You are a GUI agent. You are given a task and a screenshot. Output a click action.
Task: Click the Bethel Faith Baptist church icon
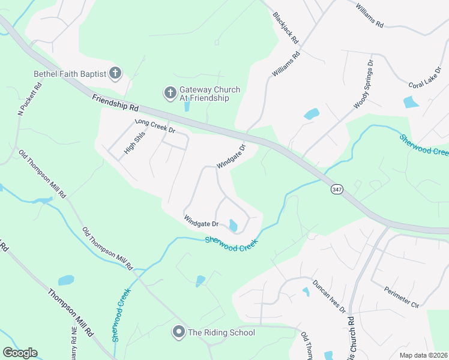click(115, 74)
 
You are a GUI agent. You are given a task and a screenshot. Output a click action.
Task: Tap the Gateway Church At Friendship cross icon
click(170, 93)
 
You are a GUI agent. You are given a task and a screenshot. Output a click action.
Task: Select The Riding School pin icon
click(178, 331)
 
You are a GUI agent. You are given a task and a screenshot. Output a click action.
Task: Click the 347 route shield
click(336, 189)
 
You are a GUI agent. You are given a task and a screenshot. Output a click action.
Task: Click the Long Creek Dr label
click(155, 125)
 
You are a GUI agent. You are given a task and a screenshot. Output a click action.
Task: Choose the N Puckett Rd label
click(29, 98)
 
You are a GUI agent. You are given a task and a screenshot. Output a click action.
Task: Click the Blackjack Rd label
click(286, 28)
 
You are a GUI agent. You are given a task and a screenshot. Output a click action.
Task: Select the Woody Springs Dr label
click(364, 84)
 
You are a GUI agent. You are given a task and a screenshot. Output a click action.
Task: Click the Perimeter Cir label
click(401, 296)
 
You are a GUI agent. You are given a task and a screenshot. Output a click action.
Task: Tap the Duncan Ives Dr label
click(329, 296)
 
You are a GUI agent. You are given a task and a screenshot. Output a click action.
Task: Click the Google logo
click(20, 353)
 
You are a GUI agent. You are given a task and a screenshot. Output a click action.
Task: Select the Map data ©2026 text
click(423, 355)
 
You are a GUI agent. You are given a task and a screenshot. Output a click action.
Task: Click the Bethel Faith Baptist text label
click(70, 74)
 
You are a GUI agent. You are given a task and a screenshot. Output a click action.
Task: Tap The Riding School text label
click(221, 332)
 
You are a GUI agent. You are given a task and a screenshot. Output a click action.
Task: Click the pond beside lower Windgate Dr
click(233, 226)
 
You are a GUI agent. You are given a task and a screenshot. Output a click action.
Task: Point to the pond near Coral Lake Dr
click(411, 102)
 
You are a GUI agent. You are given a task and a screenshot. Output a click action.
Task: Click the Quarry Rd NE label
click(74, 342)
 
